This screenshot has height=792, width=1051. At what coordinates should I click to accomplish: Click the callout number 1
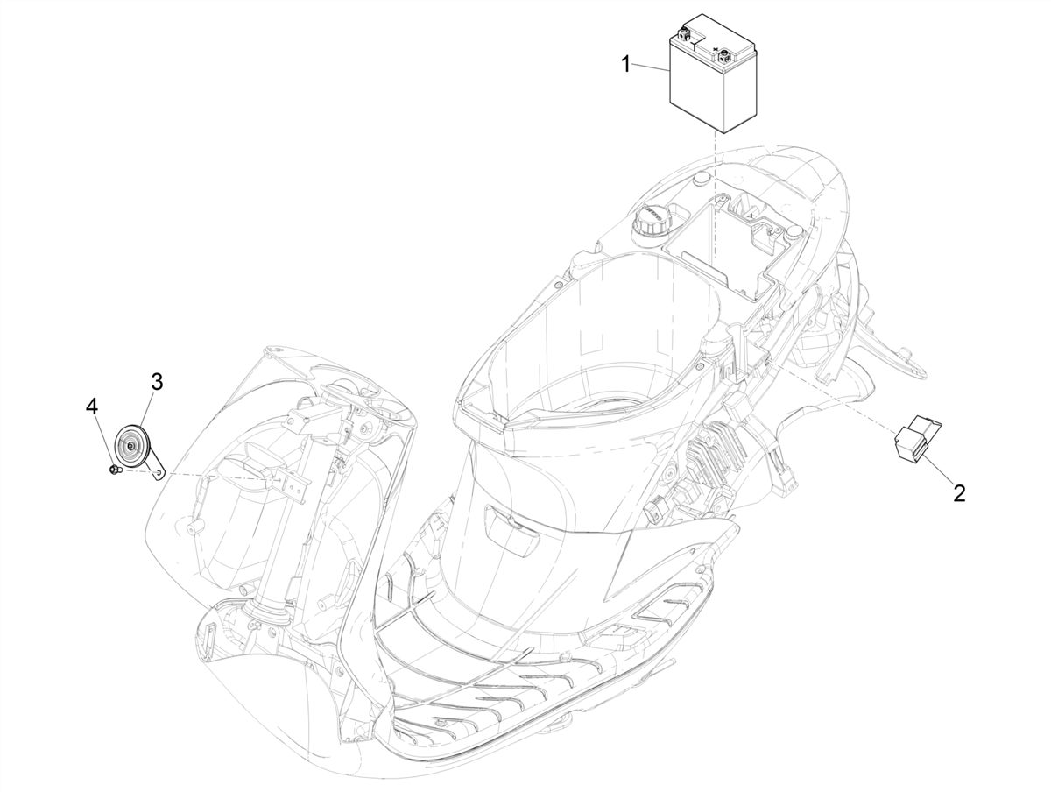[x=626, y=63]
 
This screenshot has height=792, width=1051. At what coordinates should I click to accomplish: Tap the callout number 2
[x=958, y=493]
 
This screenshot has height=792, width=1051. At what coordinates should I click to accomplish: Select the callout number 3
[x=157, y=382]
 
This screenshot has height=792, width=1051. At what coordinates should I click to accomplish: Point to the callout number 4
[x=92, y=406]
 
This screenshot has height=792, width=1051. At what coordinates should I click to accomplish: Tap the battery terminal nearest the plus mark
[x=724, y=58]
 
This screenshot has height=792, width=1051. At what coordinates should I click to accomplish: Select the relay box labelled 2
[x=916, y=435]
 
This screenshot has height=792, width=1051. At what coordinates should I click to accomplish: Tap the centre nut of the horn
[x=131, y=447]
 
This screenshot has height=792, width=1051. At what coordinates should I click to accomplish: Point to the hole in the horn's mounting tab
[x=159, y=471]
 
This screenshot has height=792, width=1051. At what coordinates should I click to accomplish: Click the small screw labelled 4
[x=114, y=470]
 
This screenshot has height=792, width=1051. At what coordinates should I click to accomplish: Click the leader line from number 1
[x=651, y=67]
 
